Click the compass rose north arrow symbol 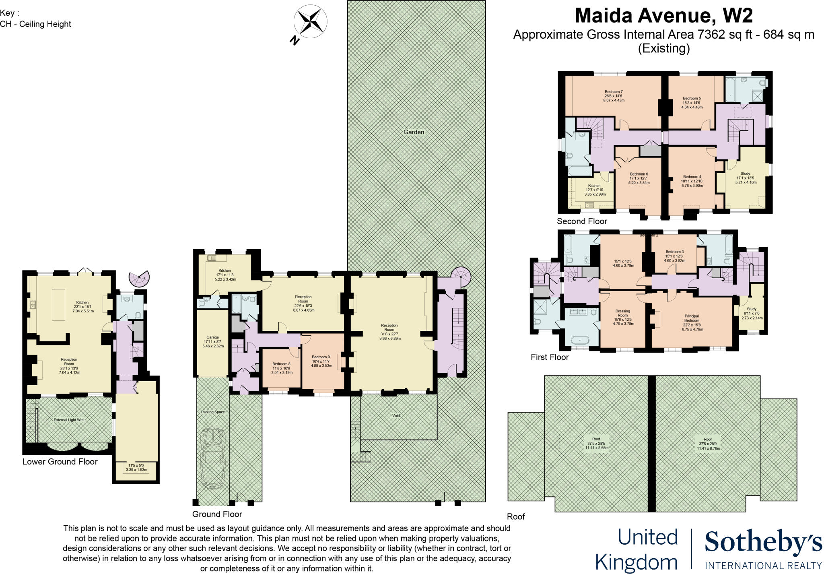point(310,22)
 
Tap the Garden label point(414,132)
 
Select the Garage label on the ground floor point(212,337)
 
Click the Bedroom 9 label point(321,357)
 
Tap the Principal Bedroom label point(692,318)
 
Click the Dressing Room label point(622,313)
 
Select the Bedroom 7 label point(614,92)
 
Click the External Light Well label point(69,420)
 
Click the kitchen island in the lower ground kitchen point(58,305)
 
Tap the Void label point(396,415)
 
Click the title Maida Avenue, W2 point(663,16)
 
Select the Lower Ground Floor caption point(60,462)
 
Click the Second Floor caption point(582,221)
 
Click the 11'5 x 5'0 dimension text point(136,466)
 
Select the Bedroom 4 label point(692,177)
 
